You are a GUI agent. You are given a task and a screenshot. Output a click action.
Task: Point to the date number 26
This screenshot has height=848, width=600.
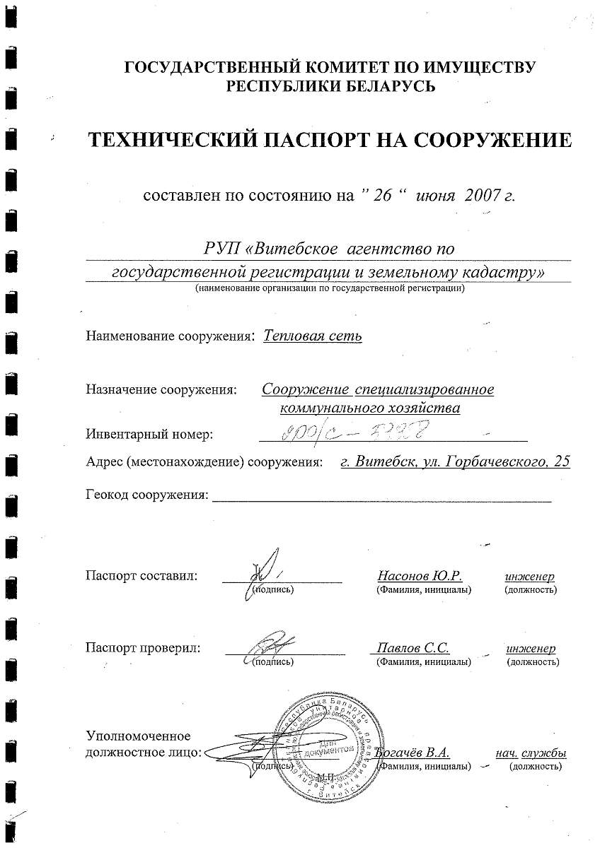click(x=383, y=196)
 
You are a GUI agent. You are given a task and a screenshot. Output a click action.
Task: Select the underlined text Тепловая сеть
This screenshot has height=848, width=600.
click(x=312, y=336)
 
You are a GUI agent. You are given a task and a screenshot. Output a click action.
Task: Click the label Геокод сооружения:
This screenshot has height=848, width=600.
click(x=146, y=495)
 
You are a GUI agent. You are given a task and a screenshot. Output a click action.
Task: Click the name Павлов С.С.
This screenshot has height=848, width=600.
click(x=413, y=648)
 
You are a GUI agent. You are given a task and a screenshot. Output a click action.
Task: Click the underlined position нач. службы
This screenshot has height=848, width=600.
click(x=531, y=753)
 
